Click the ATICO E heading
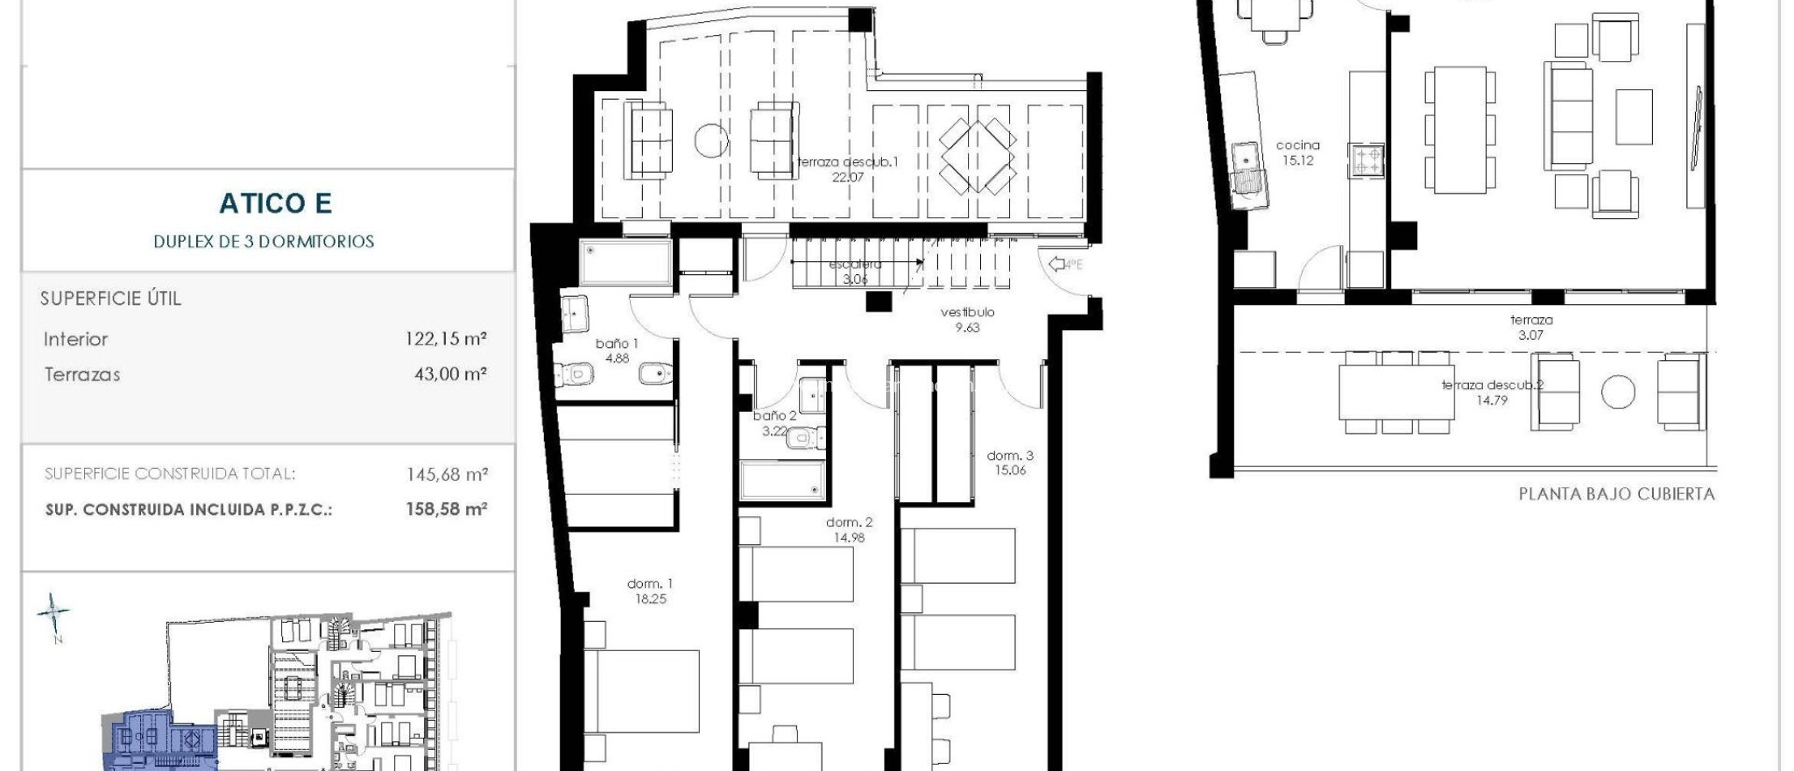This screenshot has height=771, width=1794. click(x=275, y=203)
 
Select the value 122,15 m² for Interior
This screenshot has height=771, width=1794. click(x=445, y=339)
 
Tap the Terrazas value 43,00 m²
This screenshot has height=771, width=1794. click(x=449, y=374)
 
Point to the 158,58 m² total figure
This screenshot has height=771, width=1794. click(x=445, y=509)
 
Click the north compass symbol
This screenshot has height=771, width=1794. click(x=53, y=614)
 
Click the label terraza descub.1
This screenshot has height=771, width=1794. click(x=847, y=162)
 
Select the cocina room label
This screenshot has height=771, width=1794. click(x=1297, y=145)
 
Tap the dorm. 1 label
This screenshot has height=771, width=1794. click(x=650, y=584)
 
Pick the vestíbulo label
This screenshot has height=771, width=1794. click(x=967, y=312)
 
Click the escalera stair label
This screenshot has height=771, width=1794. click(x=854, y=265)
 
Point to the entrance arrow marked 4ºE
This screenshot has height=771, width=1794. click(x=1065, y=264)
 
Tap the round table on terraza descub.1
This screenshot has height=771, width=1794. click(x=711, y=140)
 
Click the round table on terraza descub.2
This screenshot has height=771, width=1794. click(x=1618, y=393)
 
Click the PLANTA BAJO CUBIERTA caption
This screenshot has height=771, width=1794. click(x=1616, y=494)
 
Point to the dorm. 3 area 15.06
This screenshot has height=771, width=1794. click(x=1009, y=470)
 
